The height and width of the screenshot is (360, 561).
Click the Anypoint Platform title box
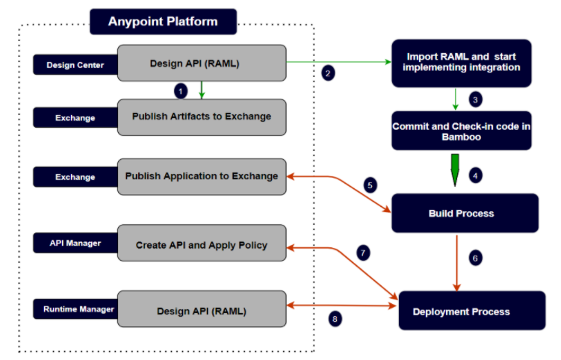pos(163,22)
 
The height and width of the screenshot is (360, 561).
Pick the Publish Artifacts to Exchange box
pos(202,117)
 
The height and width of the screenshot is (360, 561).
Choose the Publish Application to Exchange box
pos(202,176)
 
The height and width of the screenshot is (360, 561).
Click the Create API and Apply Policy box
pos(202,243)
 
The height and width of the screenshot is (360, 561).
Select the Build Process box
pos(461,213)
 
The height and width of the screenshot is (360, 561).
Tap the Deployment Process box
pos(461,311)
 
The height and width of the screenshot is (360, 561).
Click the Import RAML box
pos(461,63)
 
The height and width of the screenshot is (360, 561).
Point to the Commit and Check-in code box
pos(461,131)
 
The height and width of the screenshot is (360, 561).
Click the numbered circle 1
pos(179,90)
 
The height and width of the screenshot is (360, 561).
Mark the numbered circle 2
pos(327,73)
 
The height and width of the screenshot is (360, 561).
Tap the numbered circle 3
pos(475,99)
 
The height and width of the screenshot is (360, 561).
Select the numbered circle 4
pos(475,176)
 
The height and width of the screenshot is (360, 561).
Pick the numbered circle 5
pos(370,184)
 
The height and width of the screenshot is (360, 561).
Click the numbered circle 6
pos(475,258)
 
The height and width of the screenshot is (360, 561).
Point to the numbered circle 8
pos(335,319)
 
